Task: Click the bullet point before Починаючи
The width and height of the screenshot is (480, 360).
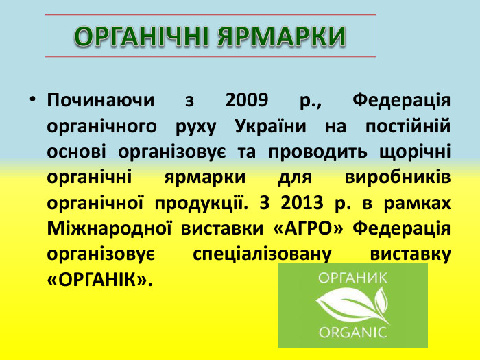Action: (32, 100)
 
